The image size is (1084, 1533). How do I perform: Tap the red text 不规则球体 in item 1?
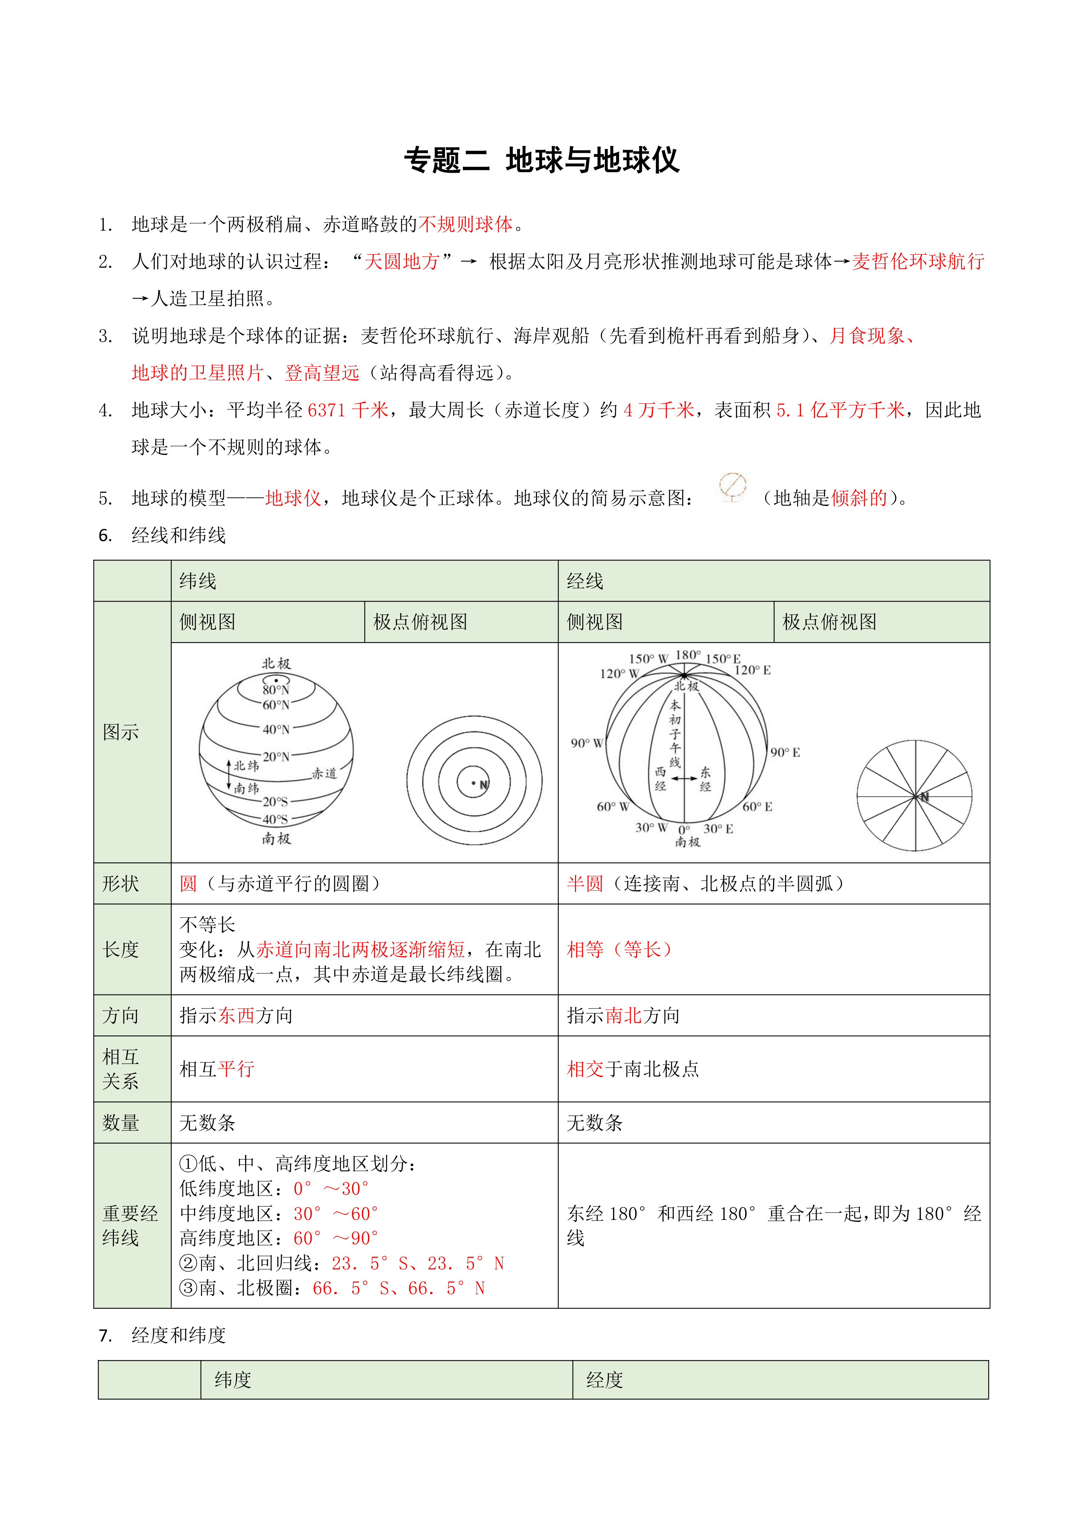pos(465,224)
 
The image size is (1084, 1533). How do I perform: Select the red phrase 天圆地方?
pos(402,262)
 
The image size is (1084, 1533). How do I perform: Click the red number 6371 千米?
pos(348,410)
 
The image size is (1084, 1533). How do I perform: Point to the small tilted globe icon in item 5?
pos(732,486)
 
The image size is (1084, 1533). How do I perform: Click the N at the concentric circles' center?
pos(483,785)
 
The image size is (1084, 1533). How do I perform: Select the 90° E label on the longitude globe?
pos(785,752)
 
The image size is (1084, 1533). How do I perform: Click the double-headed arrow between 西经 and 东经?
pos(683,779)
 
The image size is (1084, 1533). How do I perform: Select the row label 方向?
pos(121,1016)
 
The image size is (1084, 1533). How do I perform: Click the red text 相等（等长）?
pos(619,949)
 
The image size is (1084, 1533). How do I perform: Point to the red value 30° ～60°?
pos(336,1213)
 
